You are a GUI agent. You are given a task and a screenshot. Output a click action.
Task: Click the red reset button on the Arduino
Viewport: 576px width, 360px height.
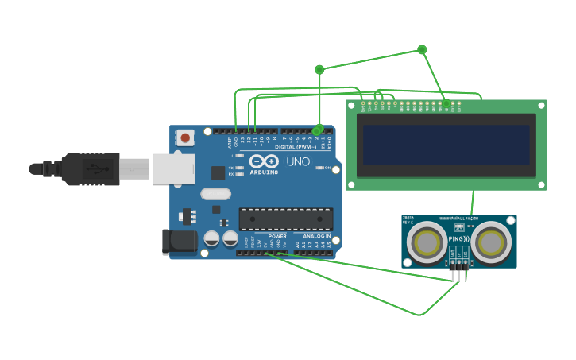coord(185,137)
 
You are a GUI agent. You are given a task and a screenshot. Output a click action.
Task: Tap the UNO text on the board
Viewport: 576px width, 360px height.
coord(298,162)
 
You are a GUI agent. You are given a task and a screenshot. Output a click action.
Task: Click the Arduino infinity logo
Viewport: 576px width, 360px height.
coord(264,161)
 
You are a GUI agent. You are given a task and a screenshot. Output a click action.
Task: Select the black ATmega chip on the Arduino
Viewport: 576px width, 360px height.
coord(286,219)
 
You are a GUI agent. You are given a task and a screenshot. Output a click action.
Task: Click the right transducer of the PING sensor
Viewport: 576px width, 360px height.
coord(493,242)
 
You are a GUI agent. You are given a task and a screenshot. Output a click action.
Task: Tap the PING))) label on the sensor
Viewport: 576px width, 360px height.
coord(459,238)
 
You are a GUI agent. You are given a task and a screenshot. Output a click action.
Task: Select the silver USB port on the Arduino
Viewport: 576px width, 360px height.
coord(173,169)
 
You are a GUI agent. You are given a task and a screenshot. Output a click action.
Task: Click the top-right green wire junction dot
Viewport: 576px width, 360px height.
coord(422,49)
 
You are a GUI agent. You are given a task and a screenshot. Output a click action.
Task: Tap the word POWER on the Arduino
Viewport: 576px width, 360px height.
coord(277,236)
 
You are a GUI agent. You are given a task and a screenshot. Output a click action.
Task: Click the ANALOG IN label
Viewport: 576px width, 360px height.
coord(316,236)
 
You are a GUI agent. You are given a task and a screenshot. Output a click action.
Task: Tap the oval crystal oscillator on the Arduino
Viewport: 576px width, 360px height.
coord(215,193)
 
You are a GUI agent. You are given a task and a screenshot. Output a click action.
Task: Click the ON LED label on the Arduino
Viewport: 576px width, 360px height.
coord(327,168)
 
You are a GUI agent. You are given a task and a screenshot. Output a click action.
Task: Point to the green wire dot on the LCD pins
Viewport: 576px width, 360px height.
coord(446,103)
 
